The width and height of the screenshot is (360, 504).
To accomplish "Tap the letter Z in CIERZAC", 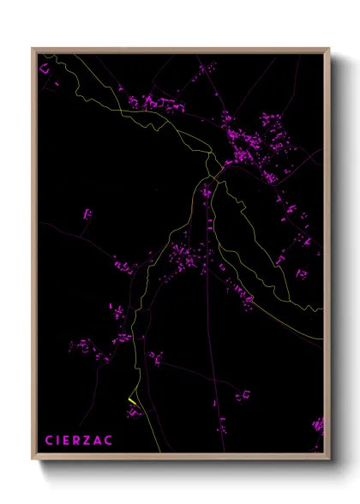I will (88, 440).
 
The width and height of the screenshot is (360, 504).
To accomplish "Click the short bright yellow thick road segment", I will (132, 401).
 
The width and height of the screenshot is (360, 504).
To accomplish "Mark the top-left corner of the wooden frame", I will (33, 48).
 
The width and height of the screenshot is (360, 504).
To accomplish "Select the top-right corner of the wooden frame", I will (329, 48).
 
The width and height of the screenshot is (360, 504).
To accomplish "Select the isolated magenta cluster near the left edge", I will (87, 213).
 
